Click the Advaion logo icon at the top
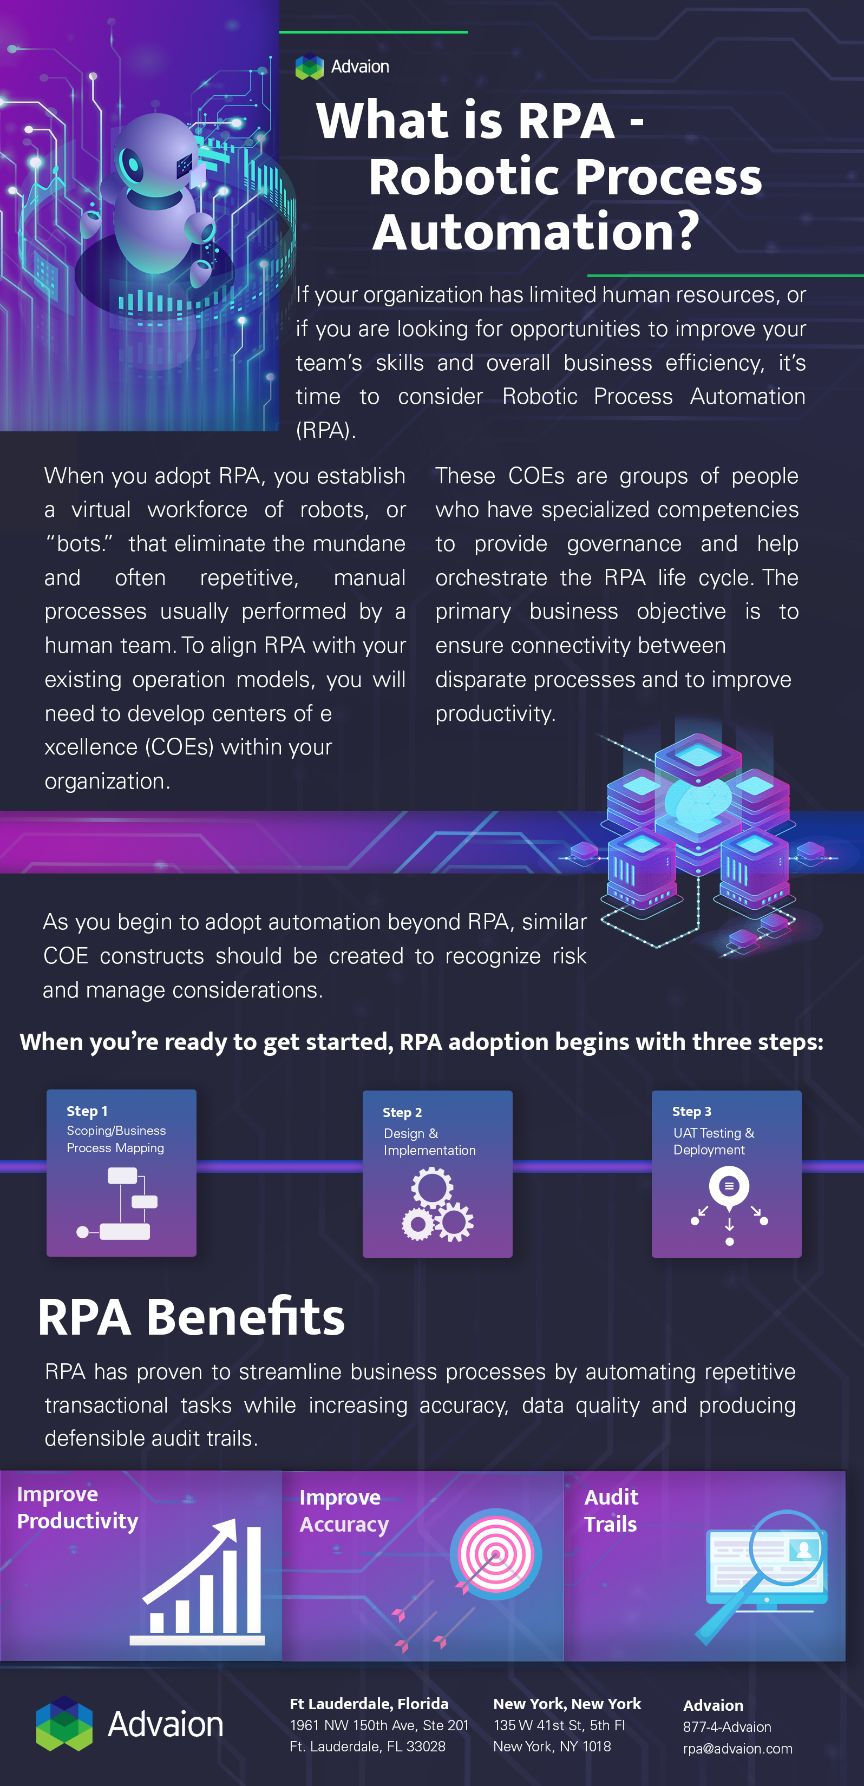click(309, 67)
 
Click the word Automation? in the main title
click(536, 232)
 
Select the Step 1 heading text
click(87, 1111)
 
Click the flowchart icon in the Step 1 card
click(118, 1204)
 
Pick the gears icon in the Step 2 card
click(437, 1204)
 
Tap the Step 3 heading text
click(691, 1112)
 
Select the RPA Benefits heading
click(192, 1317)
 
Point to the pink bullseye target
click(495, 1554)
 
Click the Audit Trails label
click(611, 1510)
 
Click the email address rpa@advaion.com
click(738, 1749)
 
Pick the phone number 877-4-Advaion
click(726, 1726)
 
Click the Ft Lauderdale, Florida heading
click(369, 1704)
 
